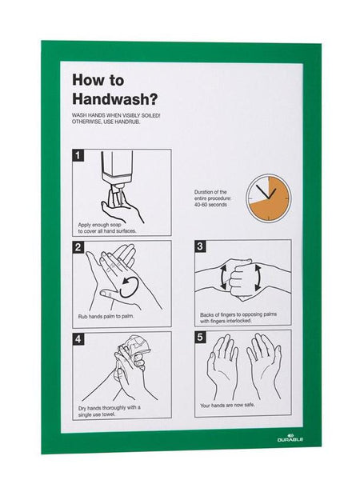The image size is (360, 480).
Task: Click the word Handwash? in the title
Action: coord(114,99)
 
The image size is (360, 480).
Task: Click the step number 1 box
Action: coord(78,155)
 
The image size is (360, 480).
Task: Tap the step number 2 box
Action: coord(78,247)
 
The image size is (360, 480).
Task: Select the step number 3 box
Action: coord(200,246)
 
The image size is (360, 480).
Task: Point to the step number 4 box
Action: coord(78,339)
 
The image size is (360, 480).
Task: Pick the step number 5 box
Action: coord(200,338)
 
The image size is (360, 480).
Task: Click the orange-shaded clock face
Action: coord(269,198)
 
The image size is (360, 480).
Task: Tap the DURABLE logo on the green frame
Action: coord(290,438)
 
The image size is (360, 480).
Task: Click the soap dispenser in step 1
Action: coord(117,171)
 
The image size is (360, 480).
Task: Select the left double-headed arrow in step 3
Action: coord(222,277)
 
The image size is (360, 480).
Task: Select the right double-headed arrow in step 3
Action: coord(258,278)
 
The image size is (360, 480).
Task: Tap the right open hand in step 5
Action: coord(265,364)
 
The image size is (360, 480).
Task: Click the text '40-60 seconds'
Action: coord(210,205)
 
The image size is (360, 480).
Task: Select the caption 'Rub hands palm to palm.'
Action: coord(106,316)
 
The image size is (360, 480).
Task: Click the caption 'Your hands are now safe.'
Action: coord(227,406)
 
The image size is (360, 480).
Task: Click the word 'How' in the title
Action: coord(86,80)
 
